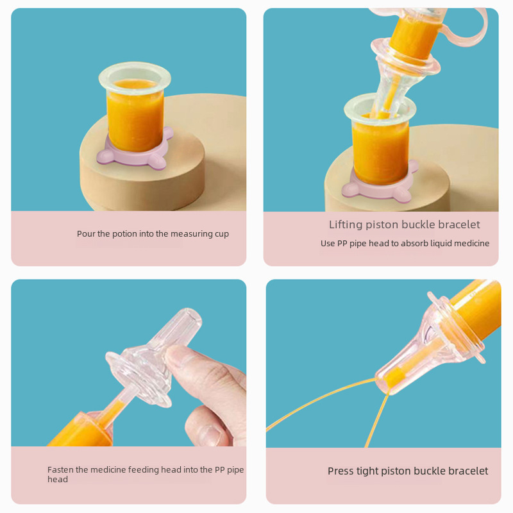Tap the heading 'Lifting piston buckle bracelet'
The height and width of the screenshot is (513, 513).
(405, 224)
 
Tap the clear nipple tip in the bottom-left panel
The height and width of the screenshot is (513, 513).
(189, 321)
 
